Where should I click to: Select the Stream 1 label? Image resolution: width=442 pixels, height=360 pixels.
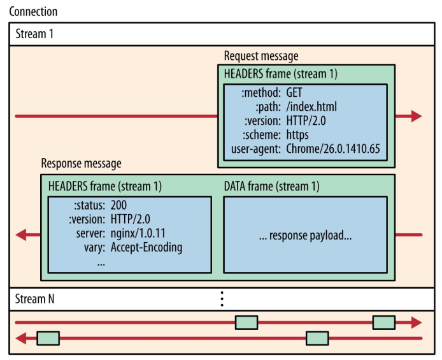(34, 34)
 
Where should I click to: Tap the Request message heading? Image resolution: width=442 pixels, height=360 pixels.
(261, 57)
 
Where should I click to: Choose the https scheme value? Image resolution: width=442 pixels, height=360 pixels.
(297, 134)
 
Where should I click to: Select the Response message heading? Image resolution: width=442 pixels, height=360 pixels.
(81, 164)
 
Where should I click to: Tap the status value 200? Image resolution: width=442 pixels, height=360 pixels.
(119, 205)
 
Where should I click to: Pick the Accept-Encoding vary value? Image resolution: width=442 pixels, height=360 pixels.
(146, 248)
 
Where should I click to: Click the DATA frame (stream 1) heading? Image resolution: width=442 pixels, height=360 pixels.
(272, 187)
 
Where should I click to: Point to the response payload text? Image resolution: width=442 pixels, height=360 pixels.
(305, 235)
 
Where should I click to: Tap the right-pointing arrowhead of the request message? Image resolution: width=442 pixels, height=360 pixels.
(416, 116)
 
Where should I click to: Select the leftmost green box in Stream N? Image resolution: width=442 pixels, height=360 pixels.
(48, 338)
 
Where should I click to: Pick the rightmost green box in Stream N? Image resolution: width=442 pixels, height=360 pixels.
(383, 322)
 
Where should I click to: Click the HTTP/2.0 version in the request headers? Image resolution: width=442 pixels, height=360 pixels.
(309, 120)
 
